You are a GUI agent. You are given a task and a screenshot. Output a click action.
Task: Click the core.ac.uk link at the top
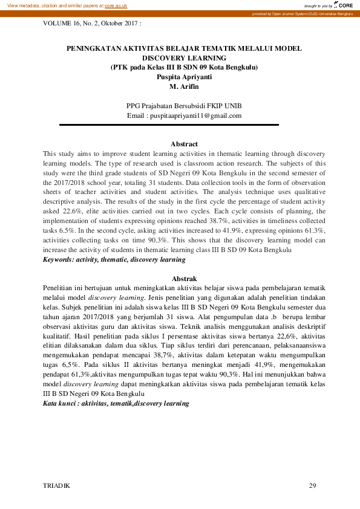tap(116, 5)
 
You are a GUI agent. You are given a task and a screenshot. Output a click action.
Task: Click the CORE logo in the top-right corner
tap(342, 5)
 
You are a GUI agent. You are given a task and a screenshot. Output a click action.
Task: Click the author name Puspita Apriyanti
tap(184, 77)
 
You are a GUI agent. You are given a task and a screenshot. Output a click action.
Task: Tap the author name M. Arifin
tap(184, 86)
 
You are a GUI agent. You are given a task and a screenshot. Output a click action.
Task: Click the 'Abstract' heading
tap(184, 144)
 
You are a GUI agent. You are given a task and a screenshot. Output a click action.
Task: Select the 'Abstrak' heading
tap(184, 279)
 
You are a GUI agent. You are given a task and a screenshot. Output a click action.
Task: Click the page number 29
tap(312, 485)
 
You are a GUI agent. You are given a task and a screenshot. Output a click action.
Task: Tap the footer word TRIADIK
tap(57, 485)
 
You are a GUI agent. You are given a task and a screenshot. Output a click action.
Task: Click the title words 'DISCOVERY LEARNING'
tap(184, 57)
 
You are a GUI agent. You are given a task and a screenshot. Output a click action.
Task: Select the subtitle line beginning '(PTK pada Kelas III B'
tap(184, 67)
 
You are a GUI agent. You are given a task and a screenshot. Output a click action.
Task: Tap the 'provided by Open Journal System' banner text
tap(303, 13)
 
